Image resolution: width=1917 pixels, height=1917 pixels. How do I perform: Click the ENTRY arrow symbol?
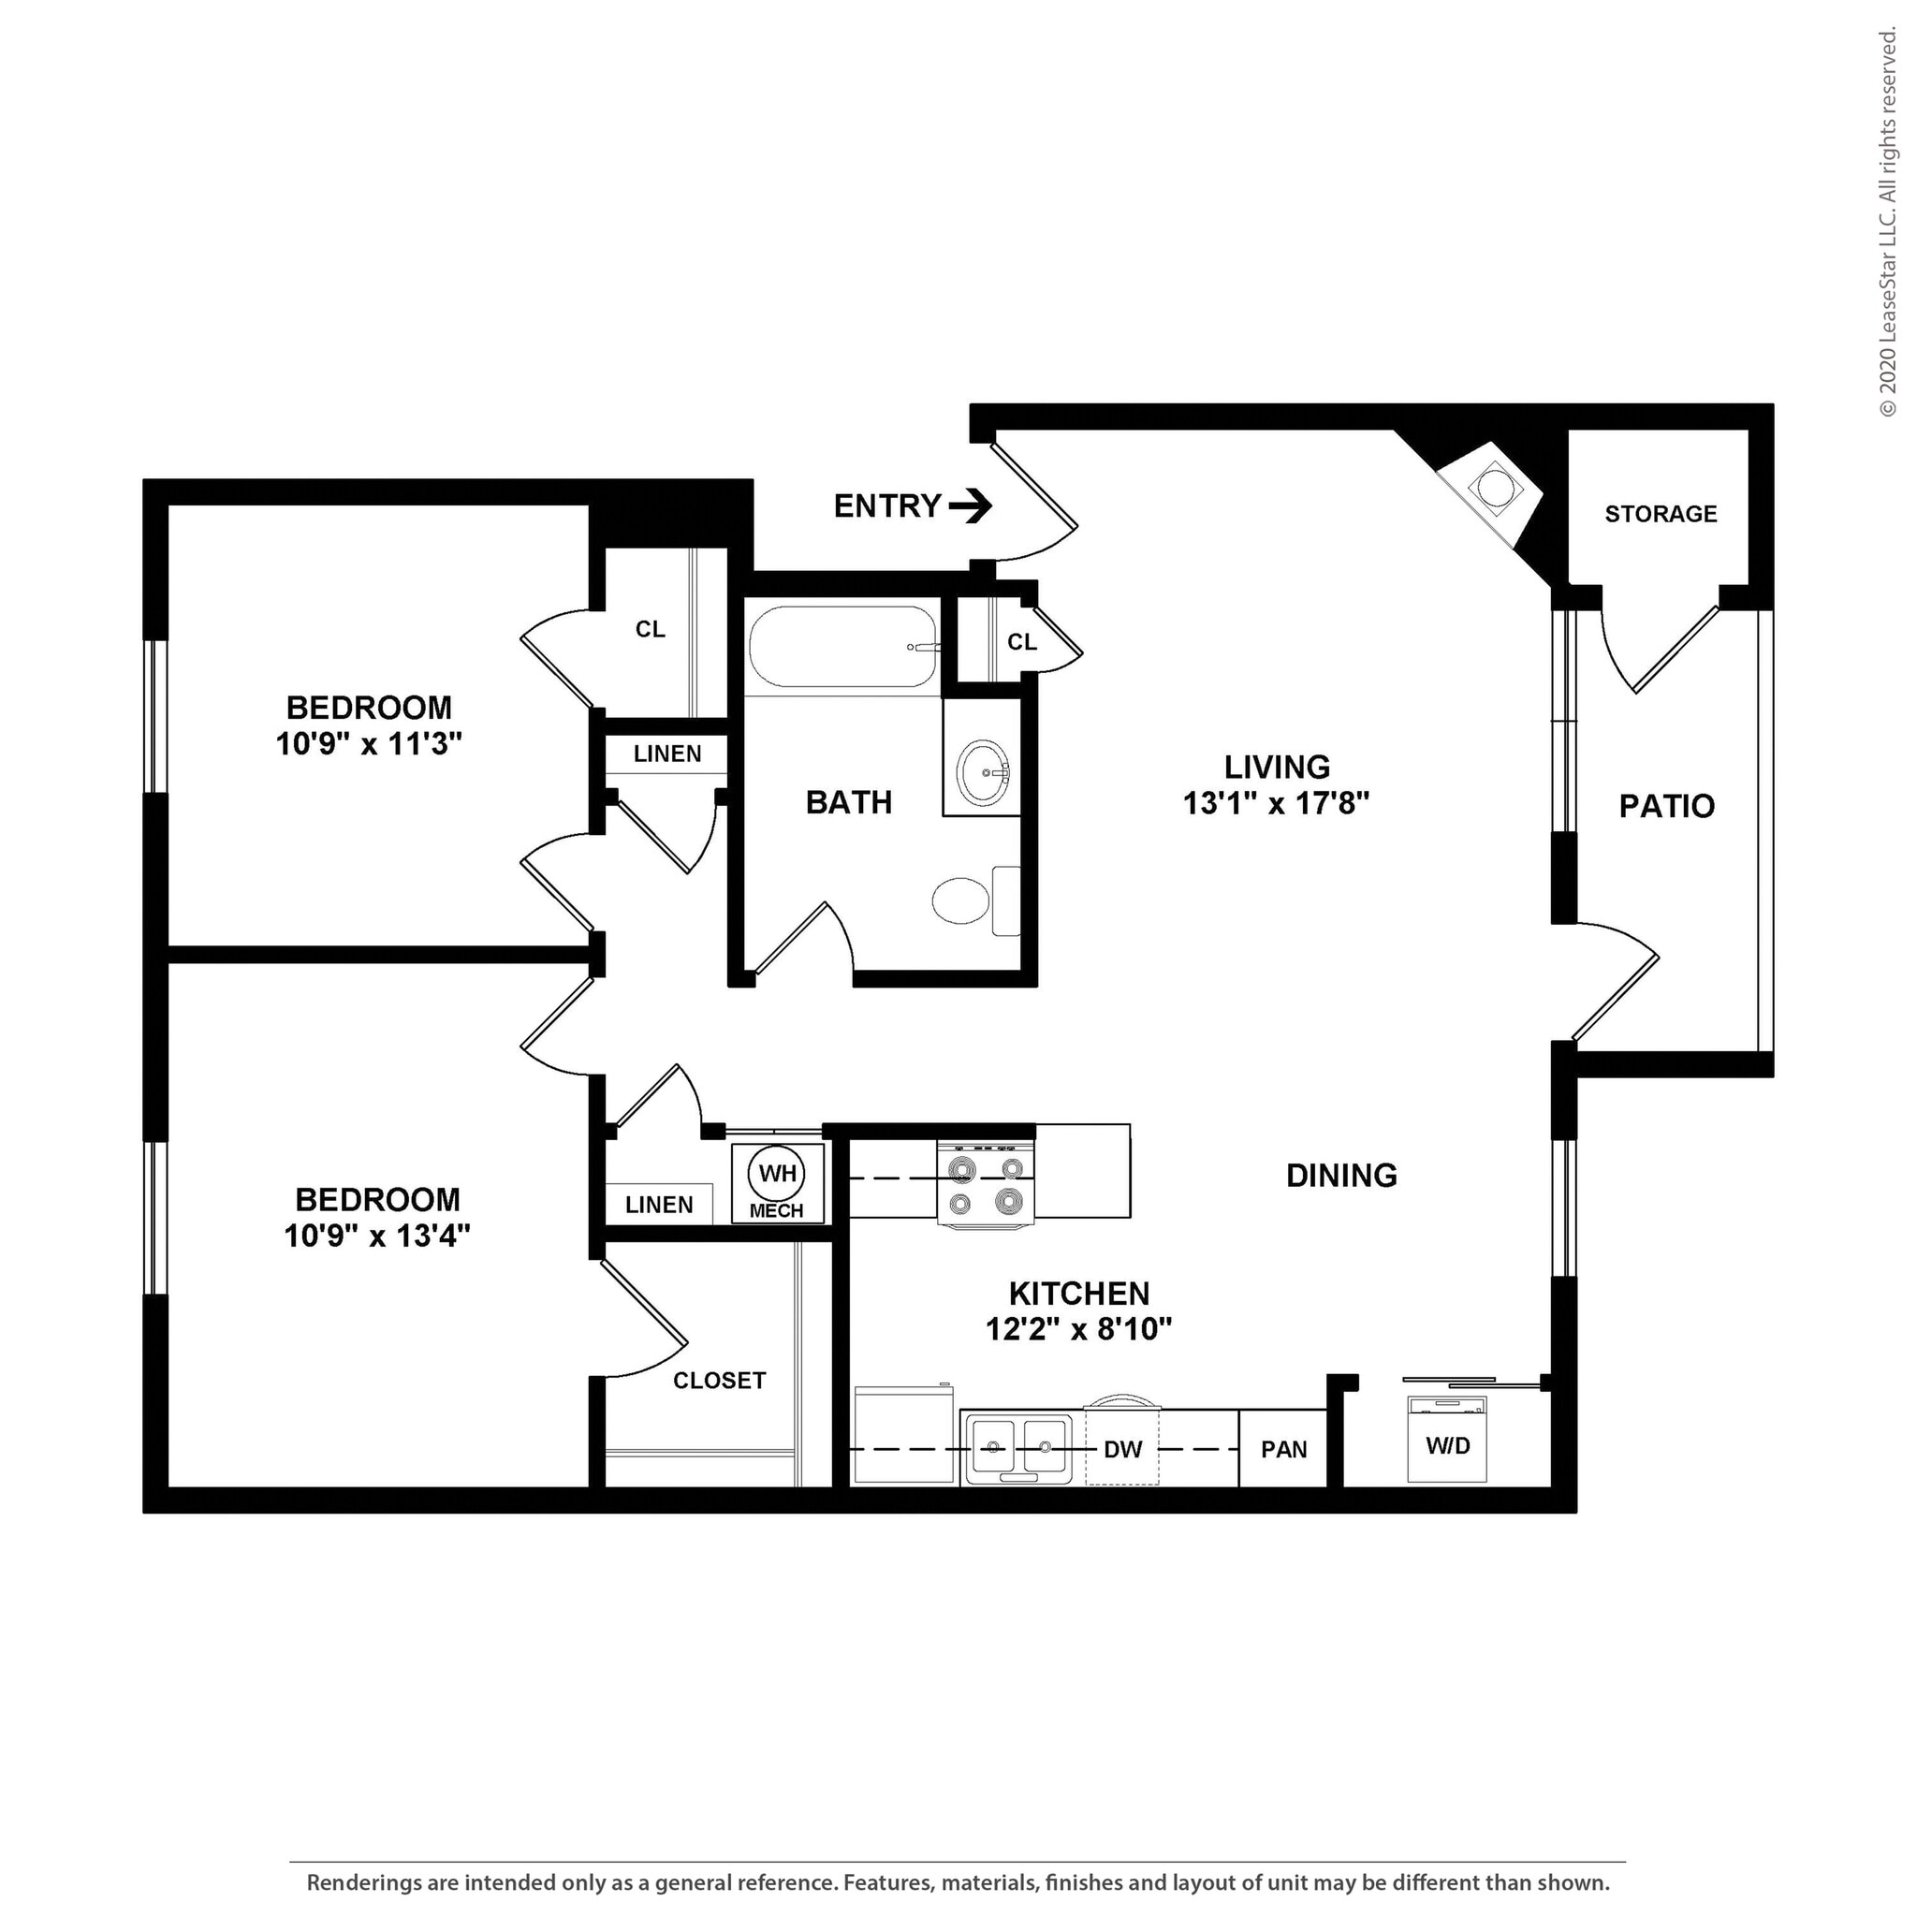(x=971, y=507)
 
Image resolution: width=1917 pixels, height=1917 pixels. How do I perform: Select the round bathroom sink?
(x=984, y=770)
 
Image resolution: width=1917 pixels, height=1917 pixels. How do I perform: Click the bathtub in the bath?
(x=842, y=647)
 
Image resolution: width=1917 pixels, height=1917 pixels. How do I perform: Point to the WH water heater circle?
(x=777, y=1174)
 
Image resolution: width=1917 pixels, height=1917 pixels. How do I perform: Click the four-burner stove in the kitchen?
(x=986, y=1185)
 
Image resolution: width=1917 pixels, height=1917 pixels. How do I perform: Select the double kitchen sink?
(x=1017, y=1448)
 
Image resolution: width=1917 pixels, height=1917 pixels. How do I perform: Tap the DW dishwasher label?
(x=1123, y=1450)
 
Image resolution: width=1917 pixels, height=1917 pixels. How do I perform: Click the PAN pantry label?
(x=1284, y=1450)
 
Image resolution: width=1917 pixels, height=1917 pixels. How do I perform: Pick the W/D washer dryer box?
(x=1448, y=1440)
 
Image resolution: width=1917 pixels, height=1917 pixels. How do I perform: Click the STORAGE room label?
(x=1661, y=514)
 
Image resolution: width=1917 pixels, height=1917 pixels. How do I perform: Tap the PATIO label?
(x=1667, y=806)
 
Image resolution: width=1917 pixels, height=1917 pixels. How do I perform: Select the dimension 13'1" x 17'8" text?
(x=1276, y=803)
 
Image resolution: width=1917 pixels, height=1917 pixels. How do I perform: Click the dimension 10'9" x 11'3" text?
(x=369, y=743)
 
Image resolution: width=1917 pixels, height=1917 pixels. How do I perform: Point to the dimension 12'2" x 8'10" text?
(x=1078, y=1328)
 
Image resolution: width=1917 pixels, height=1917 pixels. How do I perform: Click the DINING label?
(x=1341, y=1176)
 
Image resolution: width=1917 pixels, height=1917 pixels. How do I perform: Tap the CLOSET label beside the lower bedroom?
(x=720, y=1381)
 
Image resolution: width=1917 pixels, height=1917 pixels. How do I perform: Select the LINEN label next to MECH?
(x=659, y=1205)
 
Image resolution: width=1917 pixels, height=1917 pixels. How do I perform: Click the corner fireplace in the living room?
(x=1493, y=489)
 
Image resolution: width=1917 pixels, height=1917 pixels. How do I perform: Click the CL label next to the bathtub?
(x=1022, y=642)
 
